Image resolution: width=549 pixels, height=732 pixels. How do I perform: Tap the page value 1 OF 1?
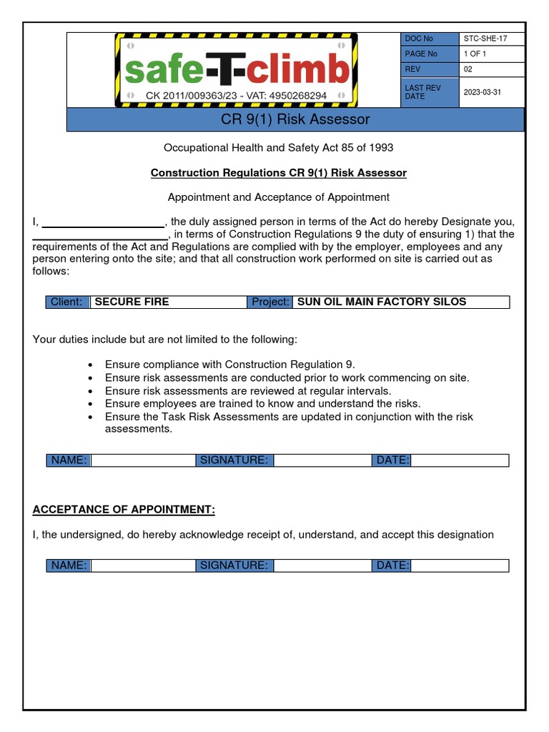click(x=475, y=54)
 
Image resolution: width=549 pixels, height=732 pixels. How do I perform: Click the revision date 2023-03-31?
click(x=483, y=91)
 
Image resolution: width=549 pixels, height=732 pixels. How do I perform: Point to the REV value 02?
click(x=468, y=69)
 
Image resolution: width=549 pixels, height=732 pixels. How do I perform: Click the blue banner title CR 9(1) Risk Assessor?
click(x=295, y=119)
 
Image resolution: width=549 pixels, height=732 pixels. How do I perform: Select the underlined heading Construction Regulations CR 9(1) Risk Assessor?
click(x=278, y=173)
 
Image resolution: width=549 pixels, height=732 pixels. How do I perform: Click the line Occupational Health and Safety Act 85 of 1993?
click(x=278, y=148)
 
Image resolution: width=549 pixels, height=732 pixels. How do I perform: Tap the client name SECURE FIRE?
click(x=132, y=302)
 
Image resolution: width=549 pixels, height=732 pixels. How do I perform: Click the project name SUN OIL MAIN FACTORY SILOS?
click(x=381, y=302)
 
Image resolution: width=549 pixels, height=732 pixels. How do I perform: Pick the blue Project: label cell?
click(x=270, y=302)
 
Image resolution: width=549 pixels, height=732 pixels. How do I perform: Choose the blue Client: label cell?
click(x=66, y=302)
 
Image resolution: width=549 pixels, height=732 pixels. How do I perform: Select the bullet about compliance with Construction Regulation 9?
click(x=229, y=365)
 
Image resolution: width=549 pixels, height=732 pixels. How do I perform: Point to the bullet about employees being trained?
click(x=262, y=404)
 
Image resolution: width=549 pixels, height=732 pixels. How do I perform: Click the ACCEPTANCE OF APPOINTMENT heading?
click(x=124, y=510)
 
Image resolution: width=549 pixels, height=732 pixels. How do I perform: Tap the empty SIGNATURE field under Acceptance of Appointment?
click(x=322, y=565)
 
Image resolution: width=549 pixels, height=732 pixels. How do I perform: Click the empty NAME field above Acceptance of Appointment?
click(x=143, y=460)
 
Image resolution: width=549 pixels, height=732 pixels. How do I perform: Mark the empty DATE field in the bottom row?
click(x=460, y=565)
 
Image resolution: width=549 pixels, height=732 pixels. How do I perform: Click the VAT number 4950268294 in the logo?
click(x=292, y=95)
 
